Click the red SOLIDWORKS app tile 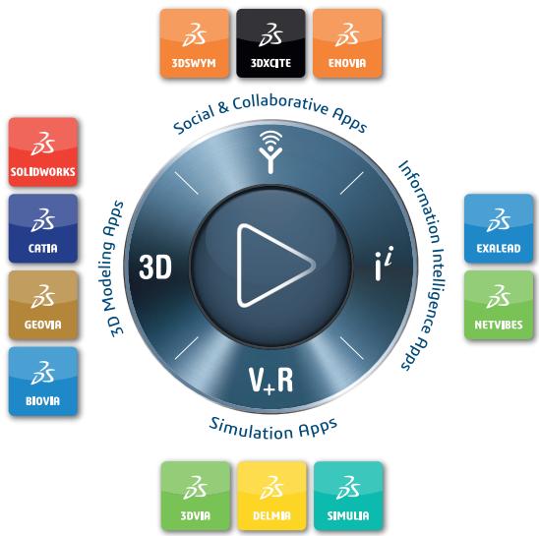coord(43,151)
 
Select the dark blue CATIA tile coord(43,228)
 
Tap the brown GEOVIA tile coord(43,305)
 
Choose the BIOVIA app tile coord(43,382)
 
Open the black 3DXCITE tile coord(270,43)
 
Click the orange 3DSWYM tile coord(195,43)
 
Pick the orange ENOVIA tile coord(347,43)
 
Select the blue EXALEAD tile coord(499,228)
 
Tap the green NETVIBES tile coord(499,305)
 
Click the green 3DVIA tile coord(196,496)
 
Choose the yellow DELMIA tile coord(271,496)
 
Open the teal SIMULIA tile coord(348,496)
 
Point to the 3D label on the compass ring coord(155,267)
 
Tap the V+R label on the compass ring coord(270,380)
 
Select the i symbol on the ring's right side coord(383,263)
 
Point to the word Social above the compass coord(194,119)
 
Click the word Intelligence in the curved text coord(437,290)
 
